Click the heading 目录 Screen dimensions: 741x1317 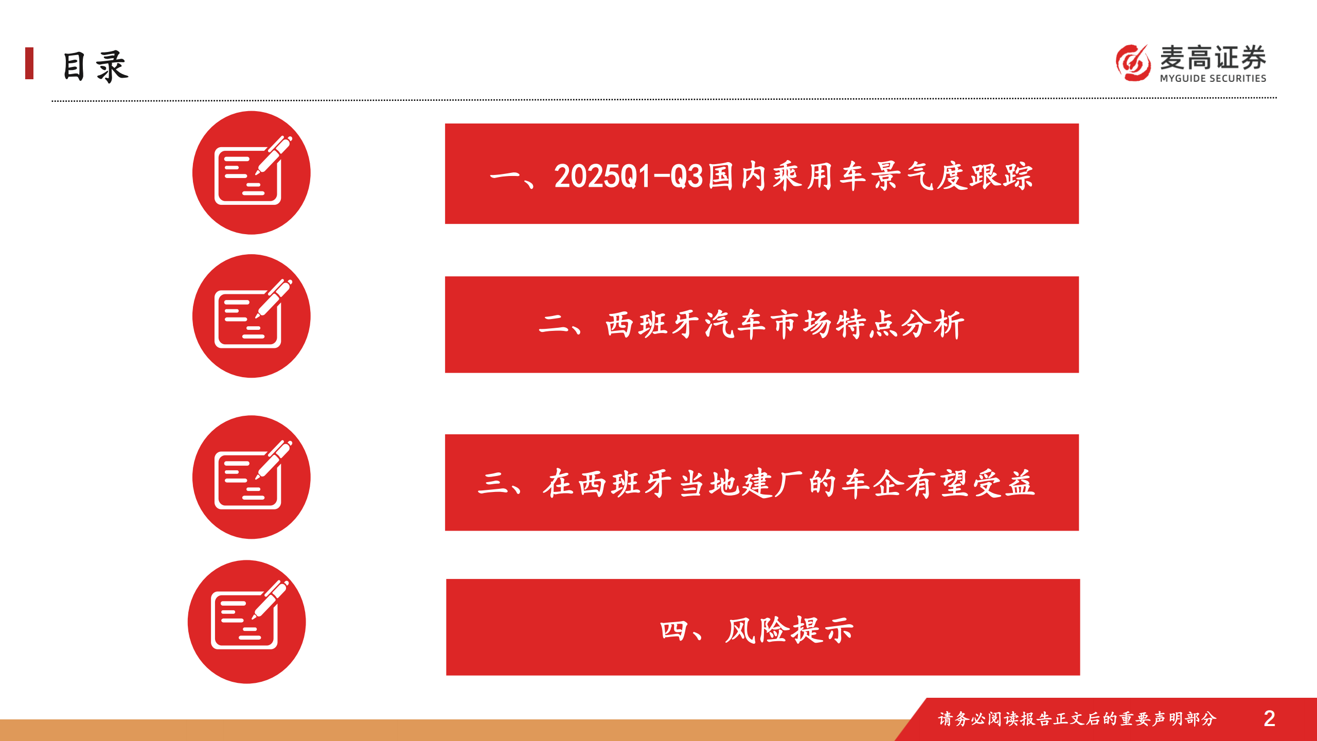coord(95,66)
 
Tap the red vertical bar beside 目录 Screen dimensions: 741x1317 coord(29,63)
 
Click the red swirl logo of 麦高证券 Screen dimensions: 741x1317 coord(1133,63)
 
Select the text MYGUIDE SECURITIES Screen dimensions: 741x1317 coord(1213,78)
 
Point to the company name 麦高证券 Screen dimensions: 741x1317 coord(1213,57)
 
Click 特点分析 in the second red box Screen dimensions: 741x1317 coord(900,325)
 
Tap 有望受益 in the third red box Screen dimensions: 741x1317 coord(970,484)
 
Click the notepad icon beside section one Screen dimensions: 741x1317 coord(252,173)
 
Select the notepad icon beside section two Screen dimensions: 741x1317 coord(252,316)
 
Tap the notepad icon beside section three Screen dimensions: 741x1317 coord(252,477)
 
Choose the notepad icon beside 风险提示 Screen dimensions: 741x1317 coord(247,622)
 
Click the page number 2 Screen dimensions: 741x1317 coord(1269,719)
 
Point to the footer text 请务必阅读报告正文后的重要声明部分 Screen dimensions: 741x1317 coord(1077,719)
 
